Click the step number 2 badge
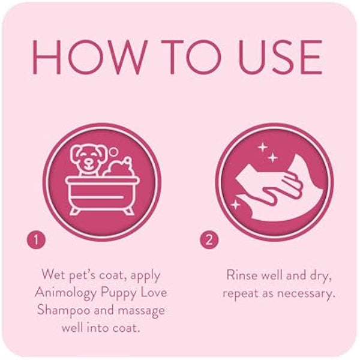(x=208, y=241)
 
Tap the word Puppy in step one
(x=124, y=293)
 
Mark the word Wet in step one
(x=53, y=275)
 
